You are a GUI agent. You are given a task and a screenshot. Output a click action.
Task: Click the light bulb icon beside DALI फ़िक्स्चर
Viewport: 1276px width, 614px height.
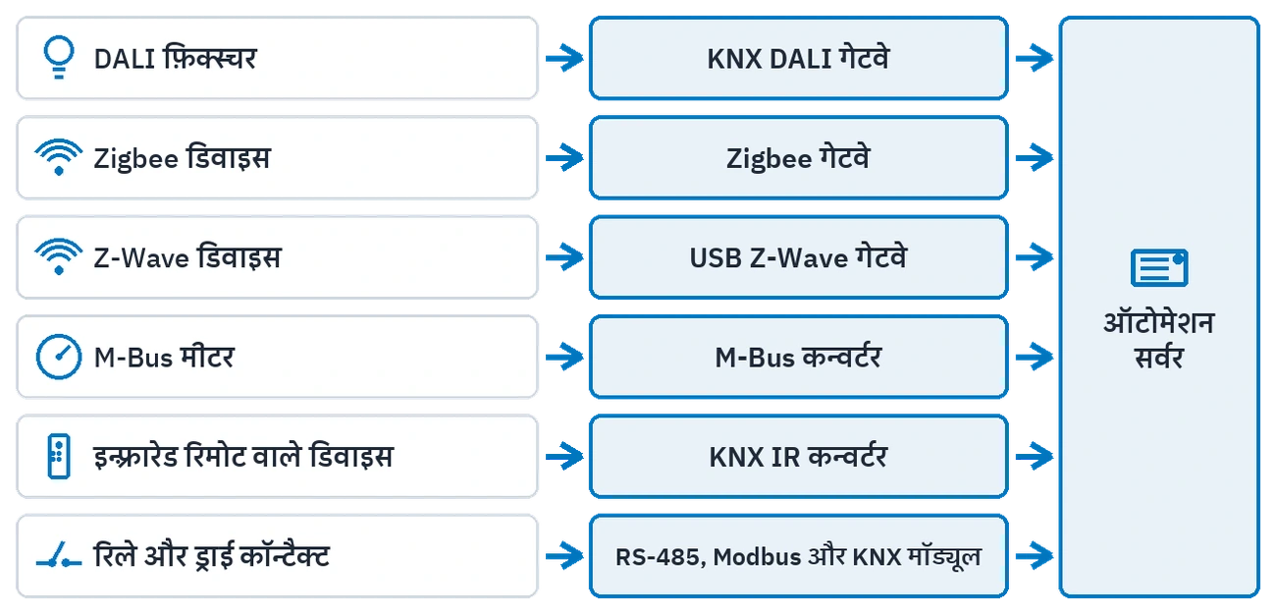click(x=59, y=58)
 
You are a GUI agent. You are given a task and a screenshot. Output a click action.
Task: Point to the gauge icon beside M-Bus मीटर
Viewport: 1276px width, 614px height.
click(x=59, y=357)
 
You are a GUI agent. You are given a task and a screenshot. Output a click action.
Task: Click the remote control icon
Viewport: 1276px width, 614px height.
click(x=59, y=456)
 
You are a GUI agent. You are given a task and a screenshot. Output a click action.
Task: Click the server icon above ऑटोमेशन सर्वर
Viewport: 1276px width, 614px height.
click(x=1159, y=267)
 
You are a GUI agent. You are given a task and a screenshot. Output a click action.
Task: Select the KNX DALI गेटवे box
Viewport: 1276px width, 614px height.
click(x=799, y=58)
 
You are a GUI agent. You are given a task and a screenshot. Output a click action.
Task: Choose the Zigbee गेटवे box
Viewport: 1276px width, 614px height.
click(x=799, y=158)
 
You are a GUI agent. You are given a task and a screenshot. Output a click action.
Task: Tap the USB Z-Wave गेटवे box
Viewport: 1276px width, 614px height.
click(x=799, y=257)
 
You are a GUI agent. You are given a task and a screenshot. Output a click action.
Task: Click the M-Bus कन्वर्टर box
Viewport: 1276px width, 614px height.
click(x=799, y=357)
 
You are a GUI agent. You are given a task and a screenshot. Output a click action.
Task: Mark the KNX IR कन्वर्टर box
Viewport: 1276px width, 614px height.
click(x=799, y=456)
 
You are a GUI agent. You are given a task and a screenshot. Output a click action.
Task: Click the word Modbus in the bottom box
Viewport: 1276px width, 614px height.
click(x=757, y=557)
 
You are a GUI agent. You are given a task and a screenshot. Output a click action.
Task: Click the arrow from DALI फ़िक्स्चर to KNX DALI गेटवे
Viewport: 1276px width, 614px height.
click(x=564, y=58)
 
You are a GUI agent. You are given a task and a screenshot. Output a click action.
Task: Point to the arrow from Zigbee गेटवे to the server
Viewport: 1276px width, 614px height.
click(x=1035, y=158)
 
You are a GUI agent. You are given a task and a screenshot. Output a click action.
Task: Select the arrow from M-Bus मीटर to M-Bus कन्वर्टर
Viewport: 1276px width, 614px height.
click(x=564, y=357)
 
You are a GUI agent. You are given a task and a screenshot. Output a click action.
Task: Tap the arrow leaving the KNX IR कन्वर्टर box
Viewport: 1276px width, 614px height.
click(x=1035, y=456)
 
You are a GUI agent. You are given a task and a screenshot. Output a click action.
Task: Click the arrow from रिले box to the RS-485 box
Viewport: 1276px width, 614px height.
click(x=564, y=556)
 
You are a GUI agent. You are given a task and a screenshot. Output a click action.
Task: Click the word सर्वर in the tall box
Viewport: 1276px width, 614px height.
click(x=1159, y=358)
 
